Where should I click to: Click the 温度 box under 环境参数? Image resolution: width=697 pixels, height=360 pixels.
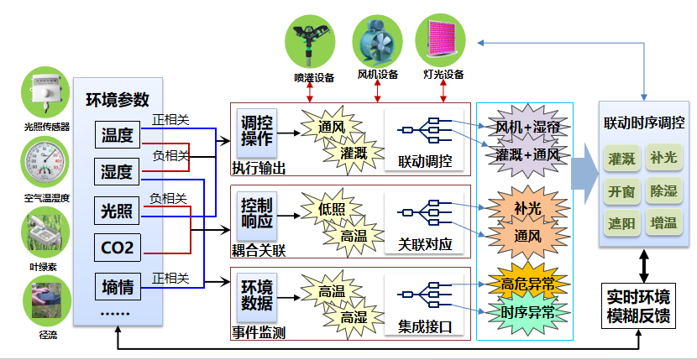[117, 134]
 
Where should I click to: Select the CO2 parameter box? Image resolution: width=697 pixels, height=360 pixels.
[117, 247]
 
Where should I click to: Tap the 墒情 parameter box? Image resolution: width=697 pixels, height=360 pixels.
[117, 286]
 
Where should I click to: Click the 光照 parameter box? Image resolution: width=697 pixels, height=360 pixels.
[117, 210]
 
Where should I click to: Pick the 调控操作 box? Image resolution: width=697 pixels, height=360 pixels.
[254, 129]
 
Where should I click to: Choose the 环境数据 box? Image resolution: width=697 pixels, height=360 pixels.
[255, 293]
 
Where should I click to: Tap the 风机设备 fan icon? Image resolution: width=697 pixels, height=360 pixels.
[376, 40]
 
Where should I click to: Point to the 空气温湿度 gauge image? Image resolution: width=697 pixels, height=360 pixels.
[46, 164]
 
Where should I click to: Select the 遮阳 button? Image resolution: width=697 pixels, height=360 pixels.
[622, 223]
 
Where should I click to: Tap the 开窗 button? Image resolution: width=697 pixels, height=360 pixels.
[622, 190]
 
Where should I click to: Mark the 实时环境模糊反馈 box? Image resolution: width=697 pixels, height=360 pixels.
[639, 306]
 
